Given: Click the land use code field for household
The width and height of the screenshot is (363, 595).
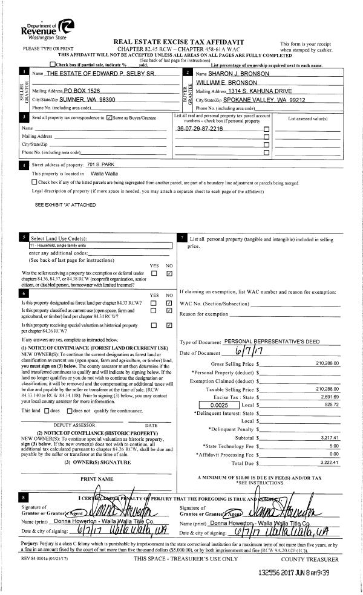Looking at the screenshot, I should pyautogui.click(x=100, y=246).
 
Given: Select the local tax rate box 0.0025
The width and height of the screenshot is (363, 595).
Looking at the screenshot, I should pyautogui.click(x=220, y=405).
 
